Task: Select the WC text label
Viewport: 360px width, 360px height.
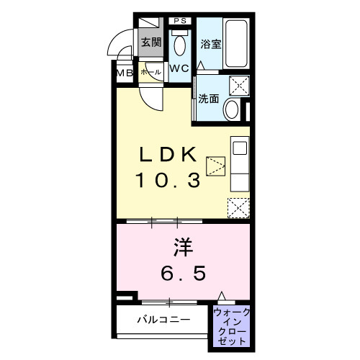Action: point(179,69)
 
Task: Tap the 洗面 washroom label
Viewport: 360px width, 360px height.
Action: point(209,99)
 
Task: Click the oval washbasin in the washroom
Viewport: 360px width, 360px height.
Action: point(232,110)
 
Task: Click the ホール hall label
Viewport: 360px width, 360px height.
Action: point(150,72)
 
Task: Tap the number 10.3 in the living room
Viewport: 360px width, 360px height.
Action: point(169,179)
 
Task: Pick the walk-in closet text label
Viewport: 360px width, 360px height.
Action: point(231,325)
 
